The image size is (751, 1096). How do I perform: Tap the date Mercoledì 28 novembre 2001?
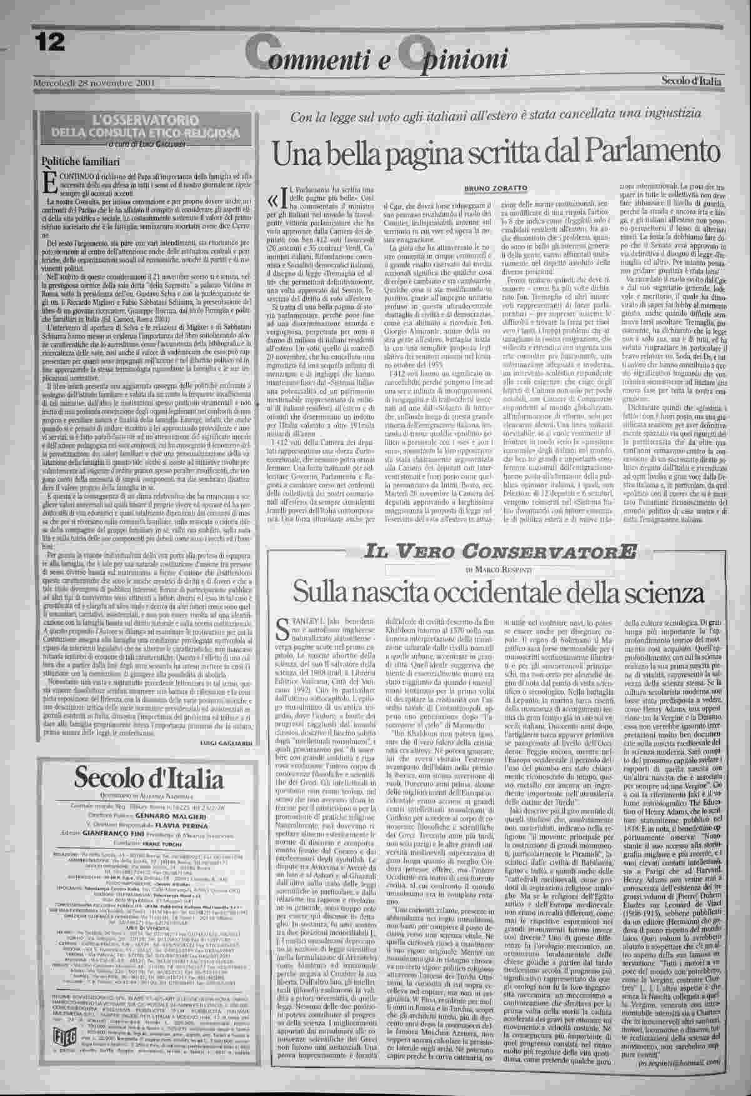click(94, 83)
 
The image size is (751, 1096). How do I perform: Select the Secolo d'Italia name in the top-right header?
click(692, 81)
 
